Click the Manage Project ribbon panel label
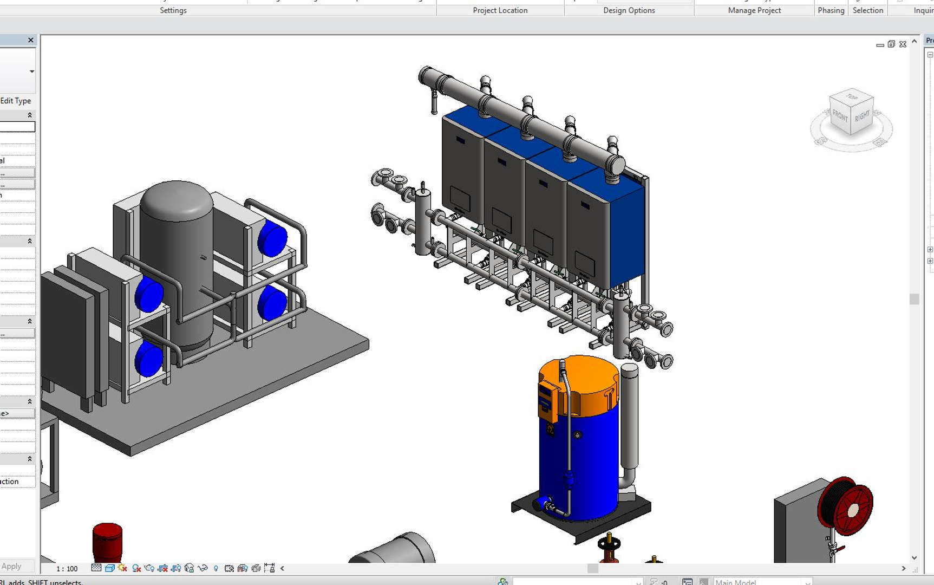tap(754, 10)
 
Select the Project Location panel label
tap(500, 10)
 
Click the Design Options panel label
tap(629, 10)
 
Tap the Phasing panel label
tap(831, 10)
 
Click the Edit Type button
tap(16, 101)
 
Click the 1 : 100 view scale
tap(67, 569)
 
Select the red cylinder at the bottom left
tap(107, 542)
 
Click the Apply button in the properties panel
tap(12, 566)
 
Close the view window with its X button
tap(903, 44)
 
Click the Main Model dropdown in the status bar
tap(761, 582)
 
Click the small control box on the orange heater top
tap(547, 401)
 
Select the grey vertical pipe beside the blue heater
tap(629, 422)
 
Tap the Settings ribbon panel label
tap(173, 10)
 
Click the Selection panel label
tap(867, 10)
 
